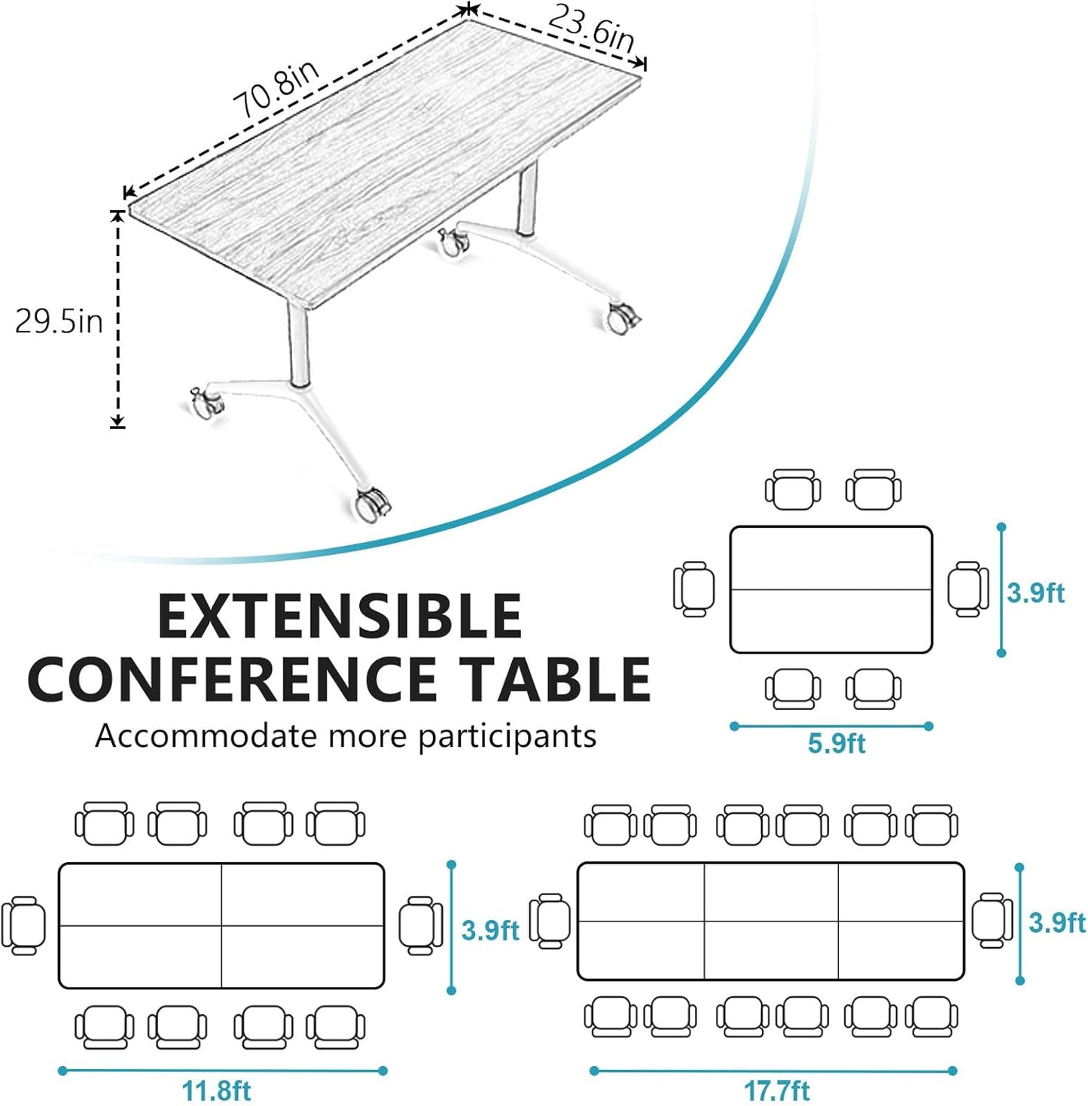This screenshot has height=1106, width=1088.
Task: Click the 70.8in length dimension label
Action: (276, 89)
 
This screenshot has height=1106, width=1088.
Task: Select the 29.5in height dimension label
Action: (59, 321)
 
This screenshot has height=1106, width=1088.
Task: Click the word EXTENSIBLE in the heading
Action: (340, 616)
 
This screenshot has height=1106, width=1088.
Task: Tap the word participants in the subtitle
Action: (507, 736)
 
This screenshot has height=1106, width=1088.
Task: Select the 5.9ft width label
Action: (836, 744)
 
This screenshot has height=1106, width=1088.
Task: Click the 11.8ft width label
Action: (216, 1090)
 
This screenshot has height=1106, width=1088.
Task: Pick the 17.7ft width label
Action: (777, 1090)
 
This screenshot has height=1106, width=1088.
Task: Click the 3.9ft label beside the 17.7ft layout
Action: (1057, 922)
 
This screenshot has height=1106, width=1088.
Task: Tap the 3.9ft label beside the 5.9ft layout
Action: (1036, 593)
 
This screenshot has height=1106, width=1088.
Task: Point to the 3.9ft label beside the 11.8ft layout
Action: (490, 931)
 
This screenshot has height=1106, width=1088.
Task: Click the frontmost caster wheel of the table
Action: (373, 504)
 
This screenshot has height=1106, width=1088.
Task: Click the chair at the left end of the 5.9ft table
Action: (693, 589)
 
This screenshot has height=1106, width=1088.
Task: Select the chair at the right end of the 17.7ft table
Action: (992, 920)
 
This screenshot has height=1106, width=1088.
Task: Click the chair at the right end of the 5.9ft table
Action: (968, 589)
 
